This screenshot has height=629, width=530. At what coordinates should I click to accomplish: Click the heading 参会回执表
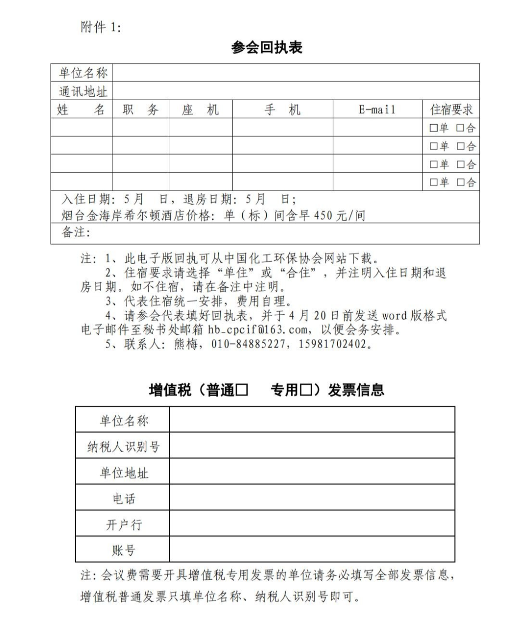[x=266, y=48]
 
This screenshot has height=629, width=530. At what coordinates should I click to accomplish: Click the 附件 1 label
[x=100, y=27]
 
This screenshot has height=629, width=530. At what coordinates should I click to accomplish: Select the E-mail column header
[x=377, y=109]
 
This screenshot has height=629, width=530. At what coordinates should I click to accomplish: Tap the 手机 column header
[x=282, y=109]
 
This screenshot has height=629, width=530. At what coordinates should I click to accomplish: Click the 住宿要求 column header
[x=451, y=109]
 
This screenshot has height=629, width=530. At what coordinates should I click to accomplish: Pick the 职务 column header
[x=140, y=109]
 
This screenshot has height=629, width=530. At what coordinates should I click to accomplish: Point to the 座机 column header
[x=200, y=109]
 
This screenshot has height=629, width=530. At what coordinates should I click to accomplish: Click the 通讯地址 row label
[x=82, y=91]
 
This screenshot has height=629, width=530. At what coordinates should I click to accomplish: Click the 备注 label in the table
[x=76, y=232]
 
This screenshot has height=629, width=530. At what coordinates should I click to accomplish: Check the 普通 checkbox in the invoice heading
[x=242, y=390]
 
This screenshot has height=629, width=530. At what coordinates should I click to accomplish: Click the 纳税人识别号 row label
[x=123, y=446]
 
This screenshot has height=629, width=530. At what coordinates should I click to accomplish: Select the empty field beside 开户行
[x=312, y=524]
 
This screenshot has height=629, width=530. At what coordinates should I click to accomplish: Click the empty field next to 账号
[x=312, y=550]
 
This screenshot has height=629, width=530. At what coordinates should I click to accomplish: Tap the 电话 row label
[x=123, y=498]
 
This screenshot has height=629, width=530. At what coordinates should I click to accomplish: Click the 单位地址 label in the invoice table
[x=123, y=472]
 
